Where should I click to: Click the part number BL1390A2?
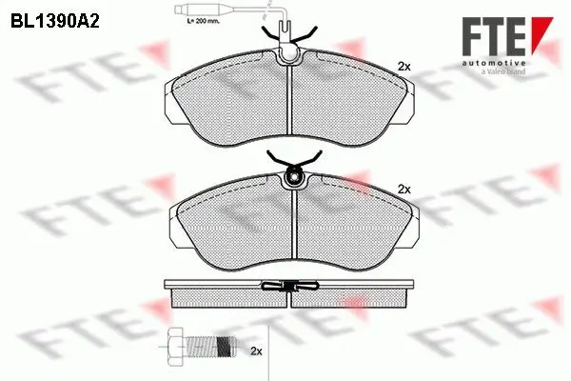pos(56,18)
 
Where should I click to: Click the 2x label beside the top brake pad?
pos(403,67)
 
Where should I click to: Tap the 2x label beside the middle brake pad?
pos(404,189)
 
